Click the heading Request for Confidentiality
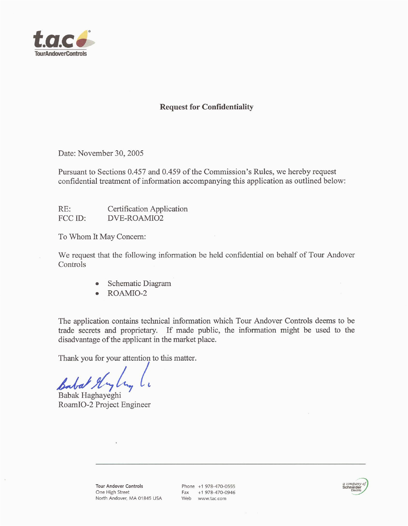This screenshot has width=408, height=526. (206, 107)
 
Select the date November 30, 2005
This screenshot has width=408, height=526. (111, 153)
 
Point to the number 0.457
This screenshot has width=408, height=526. (137, 172)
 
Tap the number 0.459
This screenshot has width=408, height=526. (171, 172)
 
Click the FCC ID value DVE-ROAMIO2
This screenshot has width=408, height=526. (135, 218)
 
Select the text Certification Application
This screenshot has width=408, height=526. (148, 209)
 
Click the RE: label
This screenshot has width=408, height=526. (65, 209)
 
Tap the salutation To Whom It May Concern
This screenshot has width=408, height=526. (102, 237)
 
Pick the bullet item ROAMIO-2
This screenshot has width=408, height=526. (127, 293)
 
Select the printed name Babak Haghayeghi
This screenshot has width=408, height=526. (90, 395)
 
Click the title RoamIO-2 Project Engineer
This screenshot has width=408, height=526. (105, 405)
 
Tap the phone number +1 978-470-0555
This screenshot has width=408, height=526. (216, 486)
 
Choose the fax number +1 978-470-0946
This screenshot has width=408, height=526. (216, 492)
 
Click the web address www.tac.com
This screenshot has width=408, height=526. (212, 498)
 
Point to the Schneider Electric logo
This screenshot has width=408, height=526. (355, 487)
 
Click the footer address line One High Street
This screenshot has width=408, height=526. (112, 492)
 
